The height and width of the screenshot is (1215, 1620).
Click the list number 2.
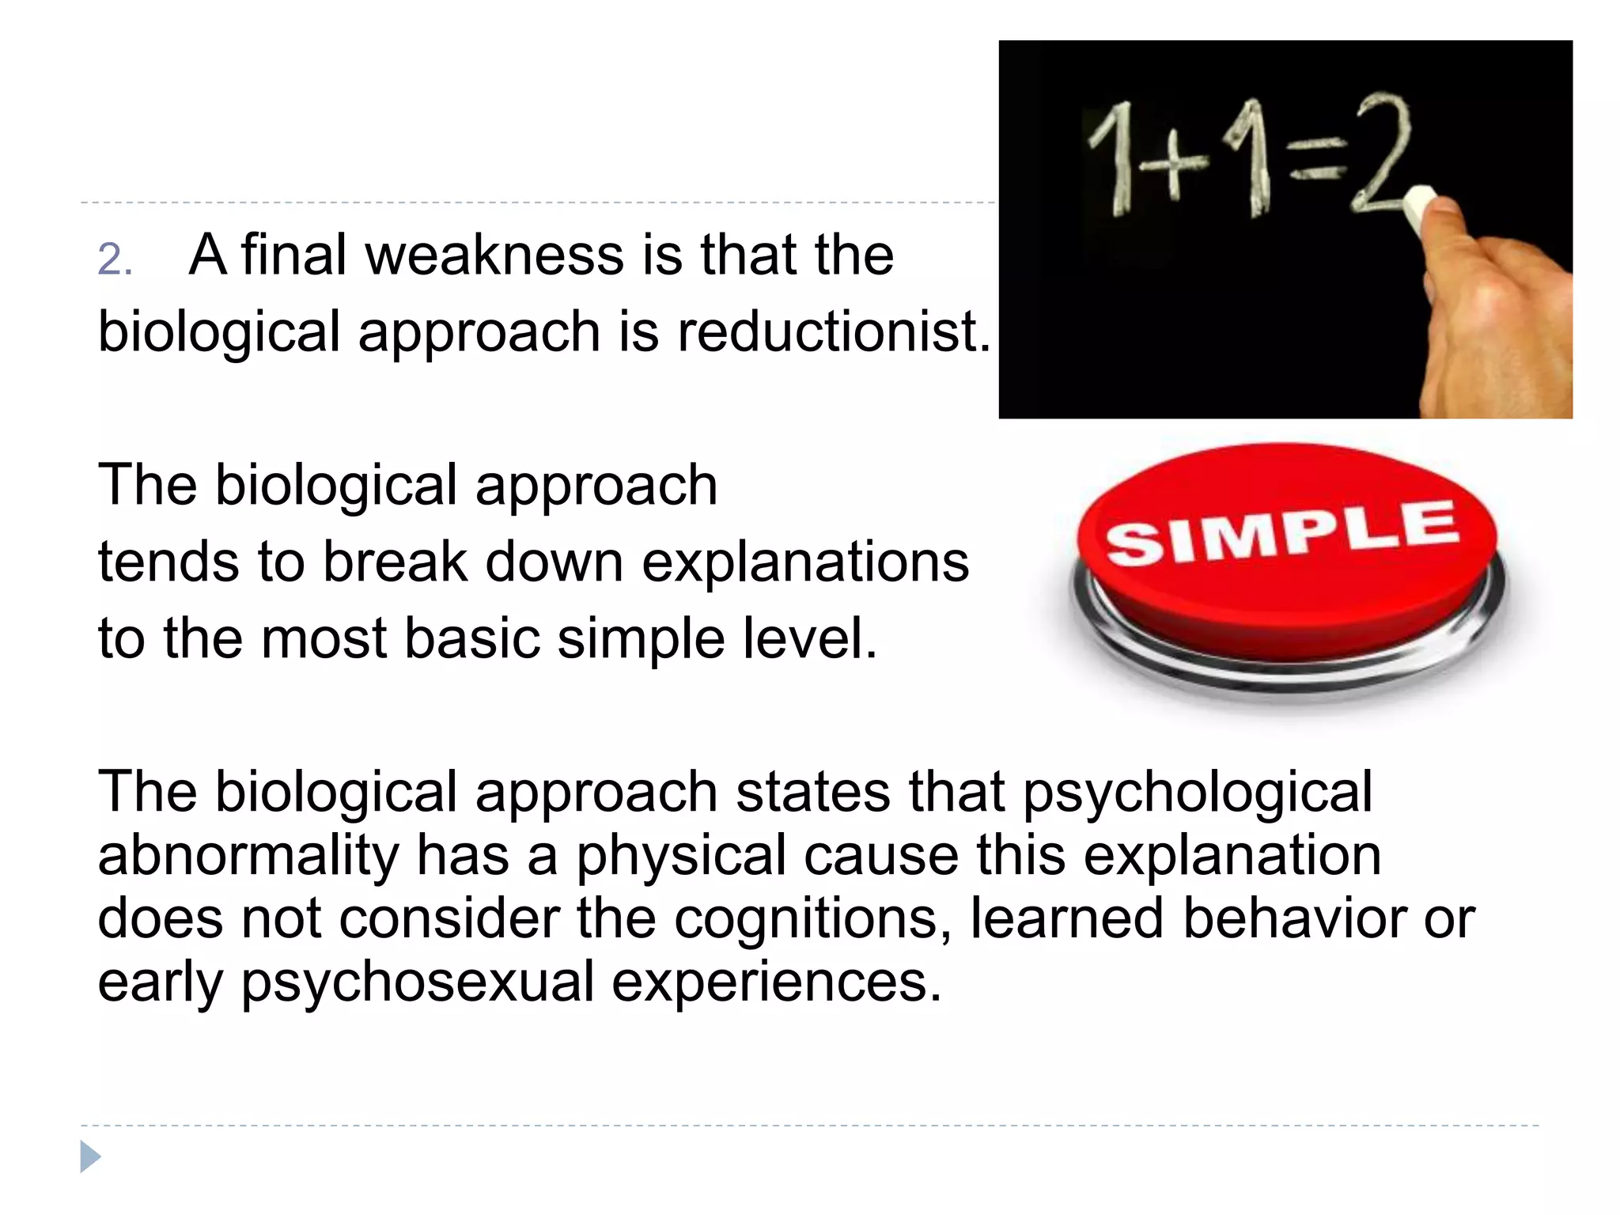pyautogui.click(x=115, y=259)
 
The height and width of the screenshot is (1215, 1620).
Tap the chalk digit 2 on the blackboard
pyautogui.click(x=1381, y=153)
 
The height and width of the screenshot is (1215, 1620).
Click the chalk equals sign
pyautogui.click(x=1318, y=158)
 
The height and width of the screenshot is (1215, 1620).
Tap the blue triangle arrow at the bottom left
pyautogui.click(x=90, y=1156)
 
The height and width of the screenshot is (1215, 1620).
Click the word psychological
pyautogui.click(x=1198, y=793)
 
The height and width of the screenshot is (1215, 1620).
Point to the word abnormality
pyautogui.click(x=248, y=856)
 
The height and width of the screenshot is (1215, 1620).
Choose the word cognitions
pyautogui.click(x=813, y=918)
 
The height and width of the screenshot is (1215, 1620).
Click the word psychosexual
pyautogui.click(x=417, y=982)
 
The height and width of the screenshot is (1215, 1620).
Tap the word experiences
pyautogui.click(x=777, y=982)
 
